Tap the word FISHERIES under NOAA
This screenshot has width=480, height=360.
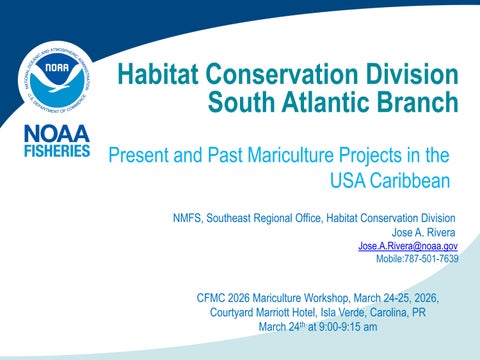tap(56, 152)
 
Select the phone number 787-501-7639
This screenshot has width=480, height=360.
tap(431, 258)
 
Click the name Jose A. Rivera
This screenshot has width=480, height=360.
tap(425, 232)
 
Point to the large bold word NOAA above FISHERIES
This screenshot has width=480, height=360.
tap(56, 134)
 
